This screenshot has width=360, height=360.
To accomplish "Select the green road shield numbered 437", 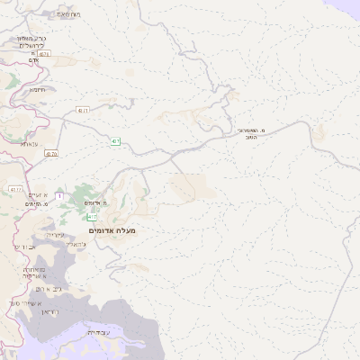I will click(116, 141).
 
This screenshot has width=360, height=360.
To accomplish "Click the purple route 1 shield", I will click(59, 195).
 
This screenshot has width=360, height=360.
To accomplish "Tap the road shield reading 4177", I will click(15, 190).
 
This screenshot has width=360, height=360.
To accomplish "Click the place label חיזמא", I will click(37, 90).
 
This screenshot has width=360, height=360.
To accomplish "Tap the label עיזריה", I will click(53, 235).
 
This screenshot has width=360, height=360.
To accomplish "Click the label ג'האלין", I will click(77, 244).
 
